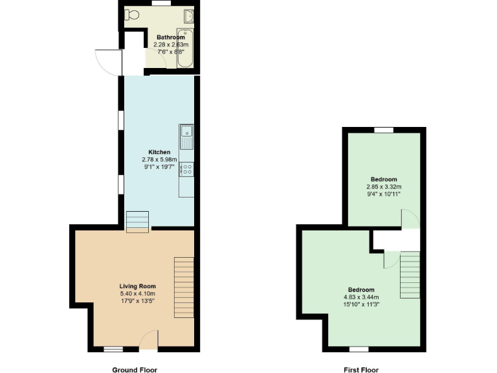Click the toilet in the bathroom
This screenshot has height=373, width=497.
(x=132, y=14)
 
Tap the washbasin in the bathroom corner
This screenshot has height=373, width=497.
(x=188, y=16)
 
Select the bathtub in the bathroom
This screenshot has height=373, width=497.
(x=186, y=49)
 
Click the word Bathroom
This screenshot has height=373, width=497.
(x=170, y=38)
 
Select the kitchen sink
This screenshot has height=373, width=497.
(x=186, y=133)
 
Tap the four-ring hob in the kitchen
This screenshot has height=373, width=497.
(x=186, y=169)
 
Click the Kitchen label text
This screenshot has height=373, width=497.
(x=159, y=152)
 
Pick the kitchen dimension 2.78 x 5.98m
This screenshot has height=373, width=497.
(x=159, y=159)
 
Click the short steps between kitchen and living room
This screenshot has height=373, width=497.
(x=137, y=221)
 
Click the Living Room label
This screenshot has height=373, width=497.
(x=137, y=286)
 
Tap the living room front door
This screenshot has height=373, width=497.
(x=148, y=340)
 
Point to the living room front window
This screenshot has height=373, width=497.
(x=114, y=349)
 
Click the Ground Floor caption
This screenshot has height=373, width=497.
(x=134, y=370)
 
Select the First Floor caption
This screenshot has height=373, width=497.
(x=361, y=370)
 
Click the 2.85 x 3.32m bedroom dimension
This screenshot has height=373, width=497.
(x=384, y=186)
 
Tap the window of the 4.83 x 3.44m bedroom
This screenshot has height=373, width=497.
(x=359, y=349)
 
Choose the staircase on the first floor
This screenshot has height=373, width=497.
(x=410, y=275)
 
